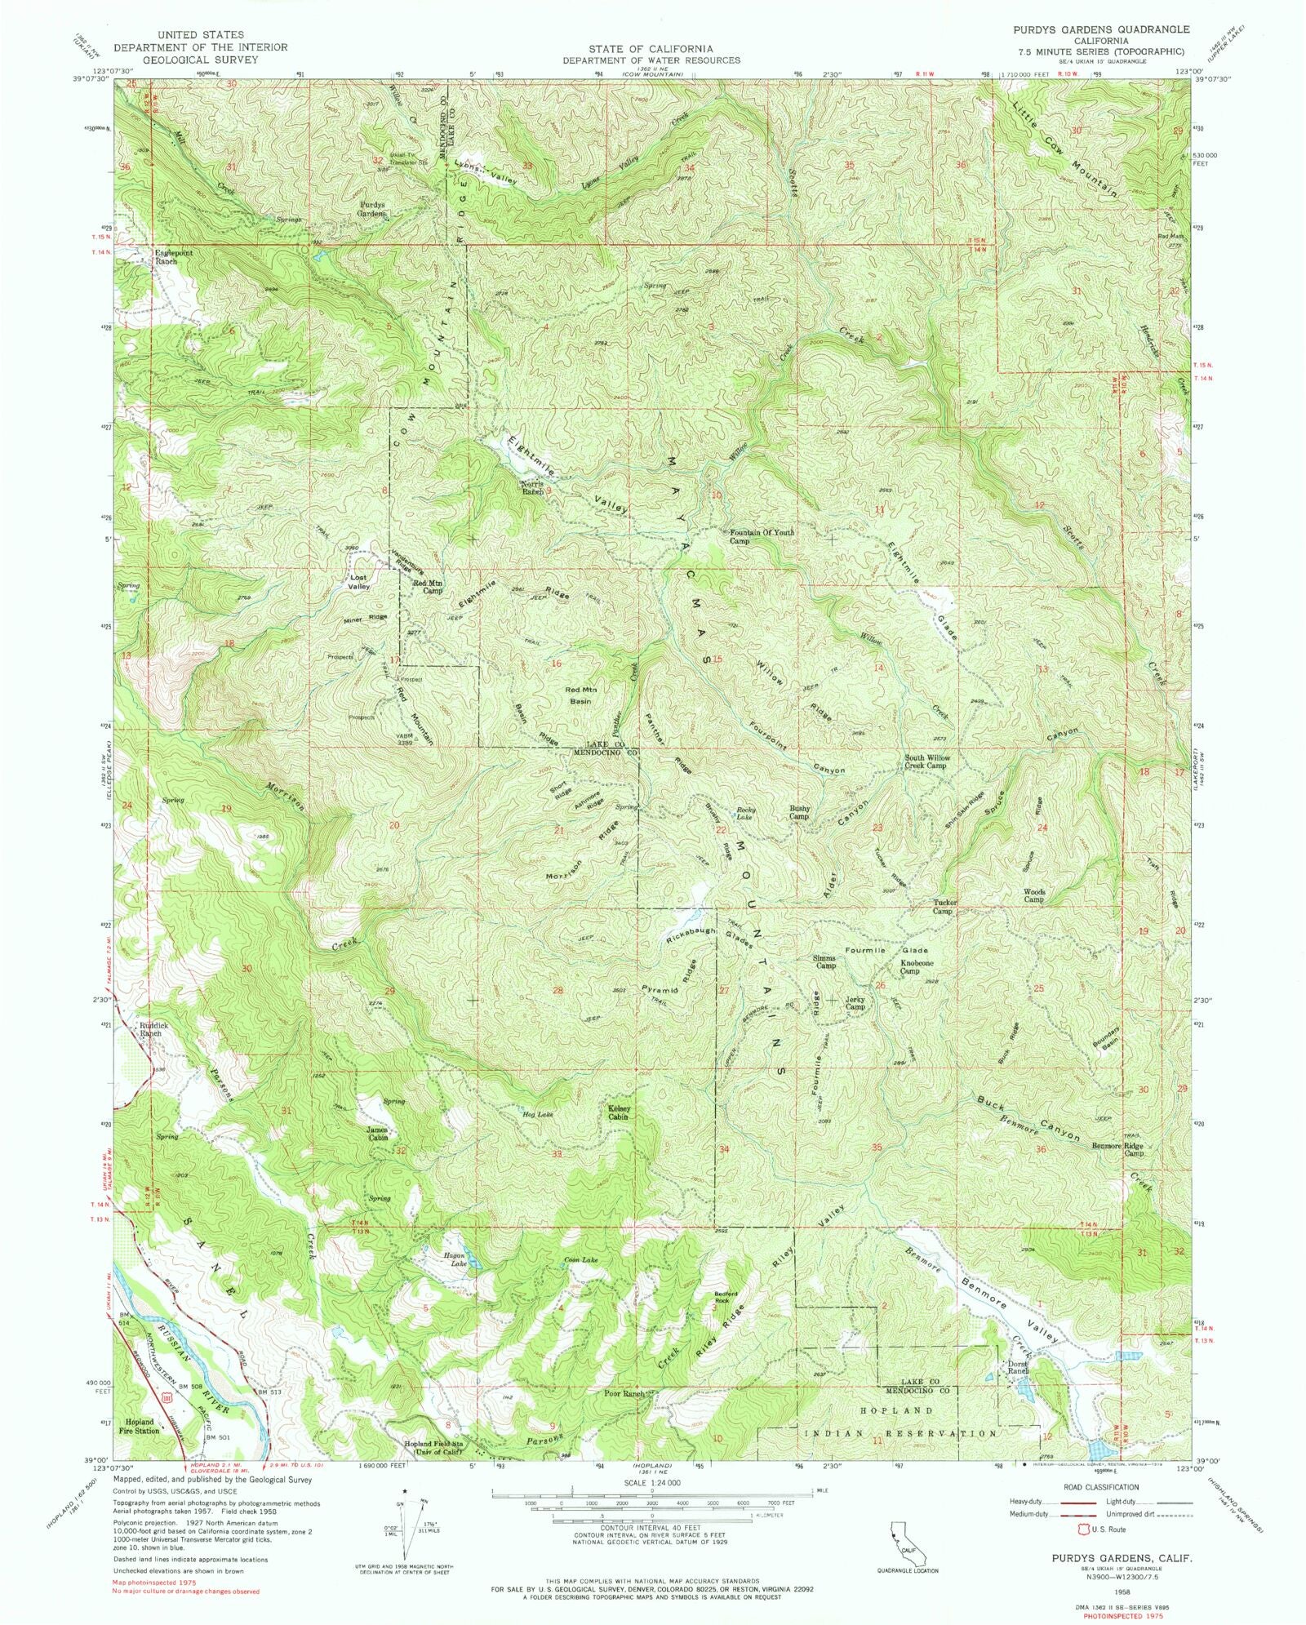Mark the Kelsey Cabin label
pyautogui.click(x=622, y=1112)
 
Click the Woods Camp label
pyautogui.click(x=1034, y=895)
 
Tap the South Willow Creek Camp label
pyautogui.click(x=925, y=761)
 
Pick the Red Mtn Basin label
pyautogui.click(x=581, y=695)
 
